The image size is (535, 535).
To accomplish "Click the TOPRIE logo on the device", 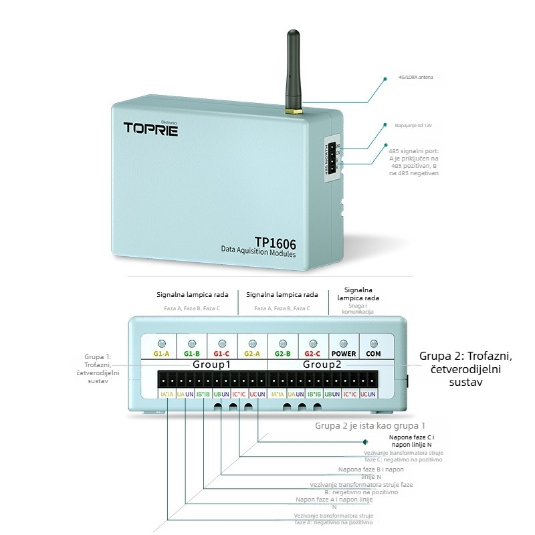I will coord(150,128).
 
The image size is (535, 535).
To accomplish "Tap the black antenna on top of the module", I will coord(293,70).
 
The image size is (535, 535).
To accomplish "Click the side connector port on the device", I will coord(332,160).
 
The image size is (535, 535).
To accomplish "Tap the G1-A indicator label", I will coord(160,353).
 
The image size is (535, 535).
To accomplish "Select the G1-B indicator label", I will coord(191,353).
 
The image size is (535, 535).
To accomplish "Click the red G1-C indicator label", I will coord(222,353).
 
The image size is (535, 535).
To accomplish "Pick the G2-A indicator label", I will coord(252,353).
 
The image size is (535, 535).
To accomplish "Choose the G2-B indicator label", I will coord(283,353).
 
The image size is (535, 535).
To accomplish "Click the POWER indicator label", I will coord(344,353).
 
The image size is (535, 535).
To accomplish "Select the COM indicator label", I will coord(374,353).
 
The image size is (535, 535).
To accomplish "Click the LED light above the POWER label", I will coord(344,342).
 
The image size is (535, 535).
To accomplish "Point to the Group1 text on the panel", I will coord(211,365).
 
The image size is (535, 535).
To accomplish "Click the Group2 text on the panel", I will coord(322,365).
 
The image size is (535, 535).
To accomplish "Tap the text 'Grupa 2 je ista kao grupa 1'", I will coord(370,425).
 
